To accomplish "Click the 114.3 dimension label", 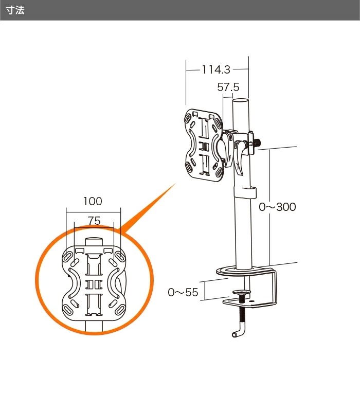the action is [216, 70].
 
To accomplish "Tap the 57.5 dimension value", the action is [228, 87].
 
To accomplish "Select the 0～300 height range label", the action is [278, 207].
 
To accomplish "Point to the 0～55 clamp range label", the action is [183, 292].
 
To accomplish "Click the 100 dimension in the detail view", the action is [93, 201].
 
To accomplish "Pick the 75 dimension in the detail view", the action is [94, 221].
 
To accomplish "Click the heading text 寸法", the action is [15, 10].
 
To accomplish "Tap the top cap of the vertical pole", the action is [241, 101].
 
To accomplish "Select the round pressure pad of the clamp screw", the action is [241, 292].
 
